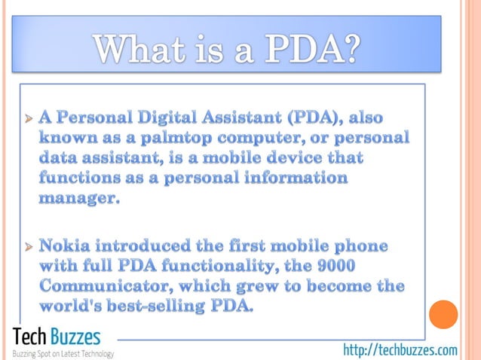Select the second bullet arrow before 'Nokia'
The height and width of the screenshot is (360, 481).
click(x=29, y=247)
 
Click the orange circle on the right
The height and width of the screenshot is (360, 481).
click(x=443, y=314)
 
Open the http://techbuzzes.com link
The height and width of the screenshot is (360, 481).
click(x=400, y=349)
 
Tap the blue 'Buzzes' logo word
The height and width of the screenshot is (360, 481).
click(x=75, y=336)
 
